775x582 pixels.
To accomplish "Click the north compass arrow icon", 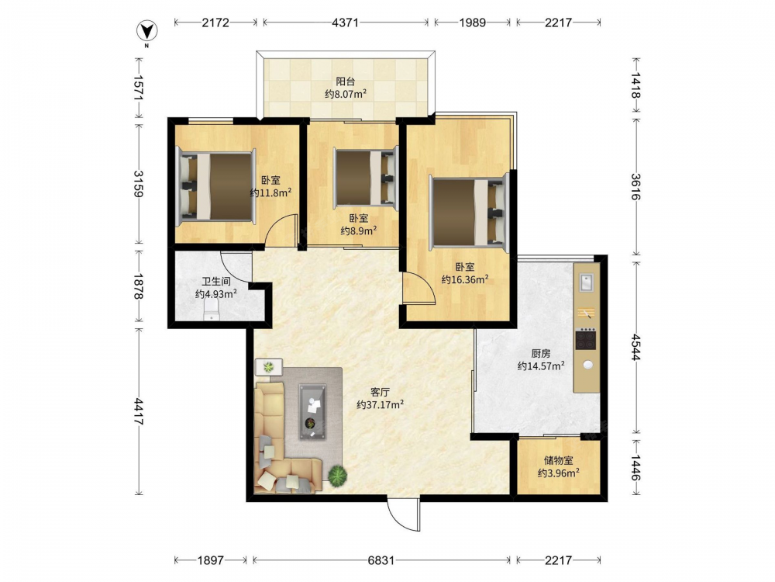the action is point(146,32).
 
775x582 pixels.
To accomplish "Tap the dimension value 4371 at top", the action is point(345,23).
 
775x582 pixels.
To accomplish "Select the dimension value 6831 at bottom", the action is point(381,560).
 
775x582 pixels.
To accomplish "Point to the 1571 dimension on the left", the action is point(138,88).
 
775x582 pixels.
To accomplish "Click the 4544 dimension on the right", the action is point(635,348).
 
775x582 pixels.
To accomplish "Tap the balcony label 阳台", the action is point(346,81).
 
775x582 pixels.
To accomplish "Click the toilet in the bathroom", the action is point(212,311).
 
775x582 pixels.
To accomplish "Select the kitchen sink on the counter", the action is point(587,282).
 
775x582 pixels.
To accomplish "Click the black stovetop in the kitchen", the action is point(586,339).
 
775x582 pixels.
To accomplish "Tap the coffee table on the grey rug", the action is point(312,412).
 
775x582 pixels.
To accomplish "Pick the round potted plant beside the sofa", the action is point(337,476).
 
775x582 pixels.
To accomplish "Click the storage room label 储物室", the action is point(559,460).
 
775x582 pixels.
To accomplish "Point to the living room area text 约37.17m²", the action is point(380,405).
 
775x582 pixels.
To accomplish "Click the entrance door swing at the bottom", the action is point(403,514).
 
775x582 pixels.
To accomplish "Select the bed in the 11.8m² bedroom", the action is point(216,185).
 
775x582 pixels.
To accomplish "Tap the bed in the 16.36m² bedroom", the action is point(469,212).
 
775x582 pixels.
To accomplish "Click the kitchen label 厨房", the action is point(541,353).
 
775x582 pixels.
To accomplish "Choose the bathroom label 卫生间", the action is point(216,282).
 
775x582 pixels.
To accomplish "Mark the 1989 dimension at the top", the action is point(473,23).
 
